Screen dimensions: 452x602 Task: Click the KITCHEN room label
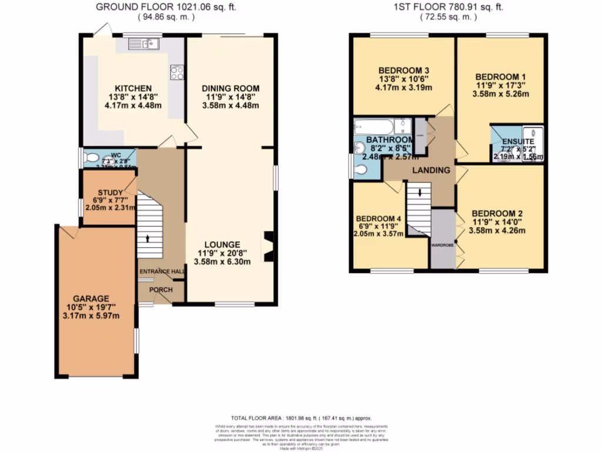121,88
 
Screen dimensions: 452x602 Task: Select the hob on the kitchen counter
176,72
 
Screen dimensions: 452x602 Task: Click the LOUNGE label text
222,244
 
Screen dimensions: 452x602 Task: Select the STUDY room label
110,192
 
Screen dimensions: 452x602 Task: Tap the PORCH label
160,290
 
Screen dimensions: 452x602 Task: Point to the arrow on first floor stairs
420,194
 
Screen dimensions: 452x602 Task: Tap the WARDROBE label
442,244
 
